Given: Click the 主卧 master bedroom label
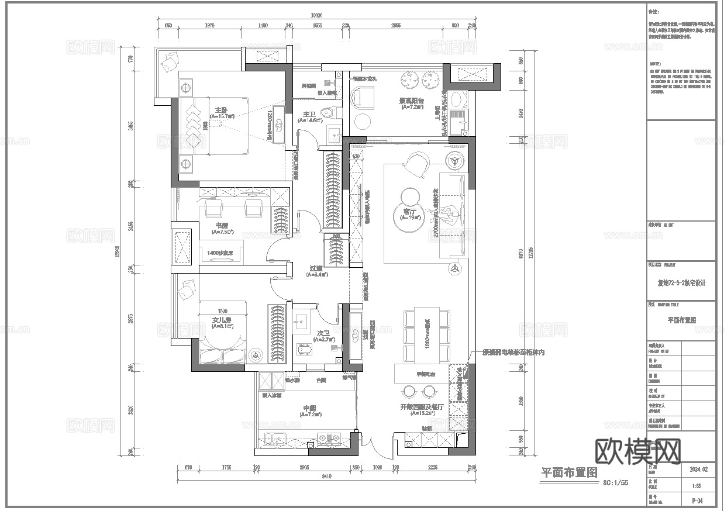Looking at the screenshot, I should point(221,110).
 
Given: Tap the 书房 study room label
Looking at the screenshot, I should point(222,225).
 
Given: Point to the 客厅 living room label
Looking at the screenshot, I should point(409,211).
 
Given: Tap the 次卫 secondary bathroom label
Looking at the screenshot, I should point(322,333).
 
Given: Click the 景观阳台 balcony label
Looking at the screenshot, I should point(412,101).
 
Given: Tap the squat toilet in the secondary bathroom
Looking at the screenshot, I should point(305,348).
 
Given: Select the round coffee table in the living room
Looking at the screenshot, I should point(408,194).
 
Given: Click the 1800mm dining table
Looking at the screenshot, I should point(427,336).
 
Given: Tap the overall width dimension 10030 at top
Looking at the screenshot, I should point(316,16).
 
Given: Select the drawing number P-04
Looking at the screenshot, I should point(696,500).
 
